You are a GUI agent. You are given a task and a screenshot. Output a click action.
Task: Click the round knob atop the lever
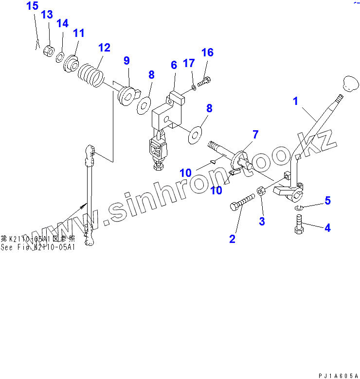click(x=349, y=84)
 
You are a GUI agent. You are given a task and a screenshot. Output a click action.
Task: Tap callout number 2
click(x=232, y=239)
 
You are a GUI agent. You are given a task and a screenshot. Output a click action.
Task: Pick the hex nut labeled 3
click(x=261, y=191)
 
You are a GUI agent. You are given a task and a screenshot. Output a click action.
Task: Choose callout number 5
click(x=327, y=200)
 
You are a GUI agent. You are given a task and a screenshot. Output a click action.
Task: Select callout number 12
click(x=104, y=48)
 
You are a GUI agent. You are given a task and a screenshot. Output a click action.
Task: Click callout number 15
click(x=32, y=6)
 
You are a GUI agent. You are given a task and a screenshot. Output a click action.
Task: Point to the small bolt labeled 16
click(x=204, y=82)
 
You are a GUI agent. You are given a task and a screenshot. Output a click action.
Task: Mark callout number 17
click(x=188, y=63)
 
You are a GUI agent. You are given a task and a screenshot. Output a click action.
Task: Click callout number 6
click(x=173, y=65)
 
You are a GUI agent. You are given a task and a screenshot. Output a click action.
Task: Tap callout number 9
click(x=126, y=60)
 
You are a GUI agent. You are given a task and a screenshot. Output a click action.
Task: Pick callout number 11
click(x=79, y=33)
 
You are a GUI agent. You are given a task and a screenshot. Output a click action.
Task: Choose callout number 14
click(x=62, y=23)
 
